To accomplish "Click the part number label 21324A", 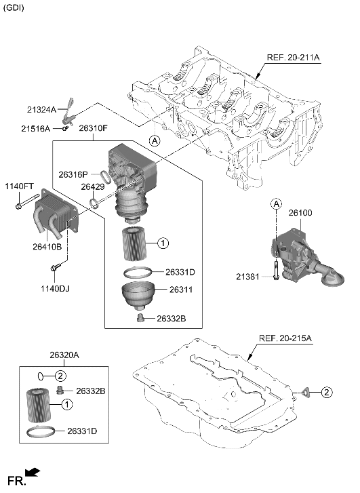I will coord(42,110).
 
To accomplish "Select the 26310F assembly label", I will coord(94,127).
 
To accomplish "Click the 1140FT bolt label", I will coord(19,186).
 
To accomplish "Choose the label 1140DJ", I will coord(55,289).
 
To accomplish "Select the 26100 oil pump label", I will coord(300,213).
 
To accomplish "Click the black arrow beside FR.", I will coord(32,472).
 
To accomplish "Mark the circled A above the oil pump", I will coord(277,203).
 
